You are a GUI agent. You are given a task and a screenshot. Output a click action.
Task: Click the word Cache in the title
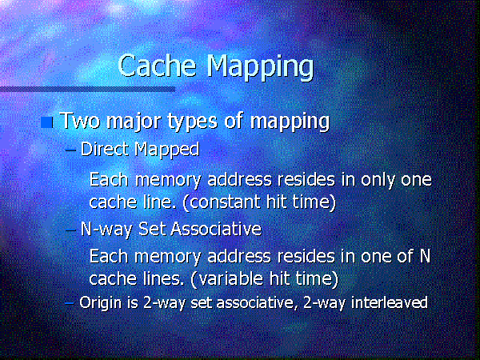154,66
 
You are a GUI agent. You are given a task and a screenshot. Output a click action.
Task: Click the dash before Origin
70,302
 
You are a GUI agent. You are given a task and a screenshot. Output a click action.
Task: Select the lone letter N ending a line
425,257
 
